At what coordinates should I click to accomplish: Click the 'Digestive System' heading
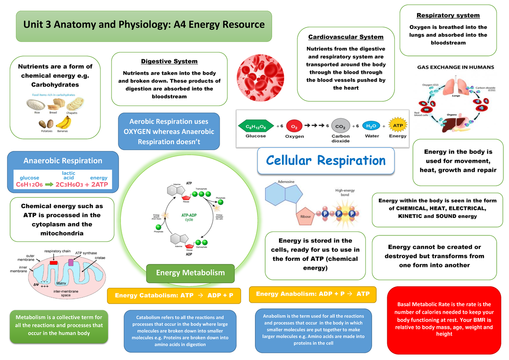tap(169, 61)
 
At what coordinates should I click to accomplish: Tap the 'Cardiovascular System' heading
tap(346, 37)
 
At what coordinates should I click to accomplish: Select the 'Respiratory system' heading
tap(448, 15)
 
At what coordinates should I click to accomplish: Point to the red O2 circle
tap(294, 126)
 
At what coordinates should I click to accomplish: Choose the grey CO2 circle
tap(340, 126)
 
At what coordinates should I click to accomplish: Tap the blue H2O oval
tap(372, 126)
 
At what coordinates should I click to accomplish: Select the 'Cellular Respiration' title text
tap(325, 161)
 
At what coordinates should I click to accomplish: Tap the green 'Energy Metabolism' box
tap(190, 273)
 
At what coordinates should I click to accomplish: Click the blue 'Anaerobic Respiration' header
tap(63, 161)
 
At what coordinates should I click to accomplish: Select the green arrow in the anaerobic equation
tap(49, 185)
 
